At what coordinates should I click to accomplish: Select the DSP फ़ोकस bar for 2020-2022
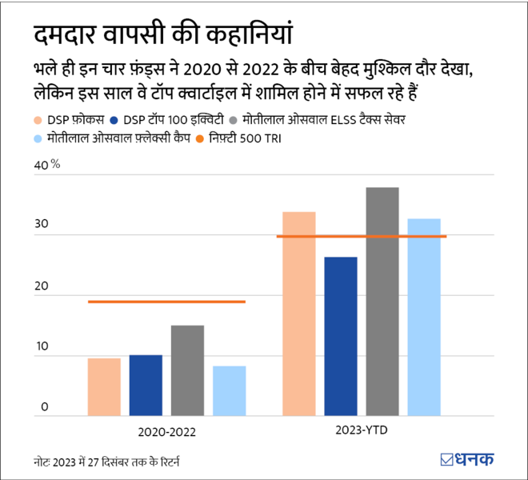[104, 387]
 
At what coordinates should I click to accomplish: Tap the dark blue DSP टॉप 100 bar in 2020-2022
[146, 386]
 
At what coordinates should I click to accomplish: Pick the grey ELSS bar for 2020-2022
[187, 370]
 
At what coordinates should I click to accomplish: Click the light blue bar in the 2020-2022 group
[229, 391]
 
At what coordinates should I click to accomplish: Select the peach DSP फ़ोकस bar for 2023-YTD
[299, 314]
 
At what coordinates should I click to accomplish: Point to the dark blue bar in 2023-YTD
[341, 336]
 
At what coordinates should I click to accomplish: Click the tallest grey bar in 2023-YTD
[382, 302]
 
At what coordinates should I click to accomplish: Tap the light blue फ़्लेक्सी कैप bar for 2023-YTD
[424, 317]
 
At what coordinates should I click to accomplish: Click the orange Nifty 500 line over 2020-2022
[166, 302]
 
